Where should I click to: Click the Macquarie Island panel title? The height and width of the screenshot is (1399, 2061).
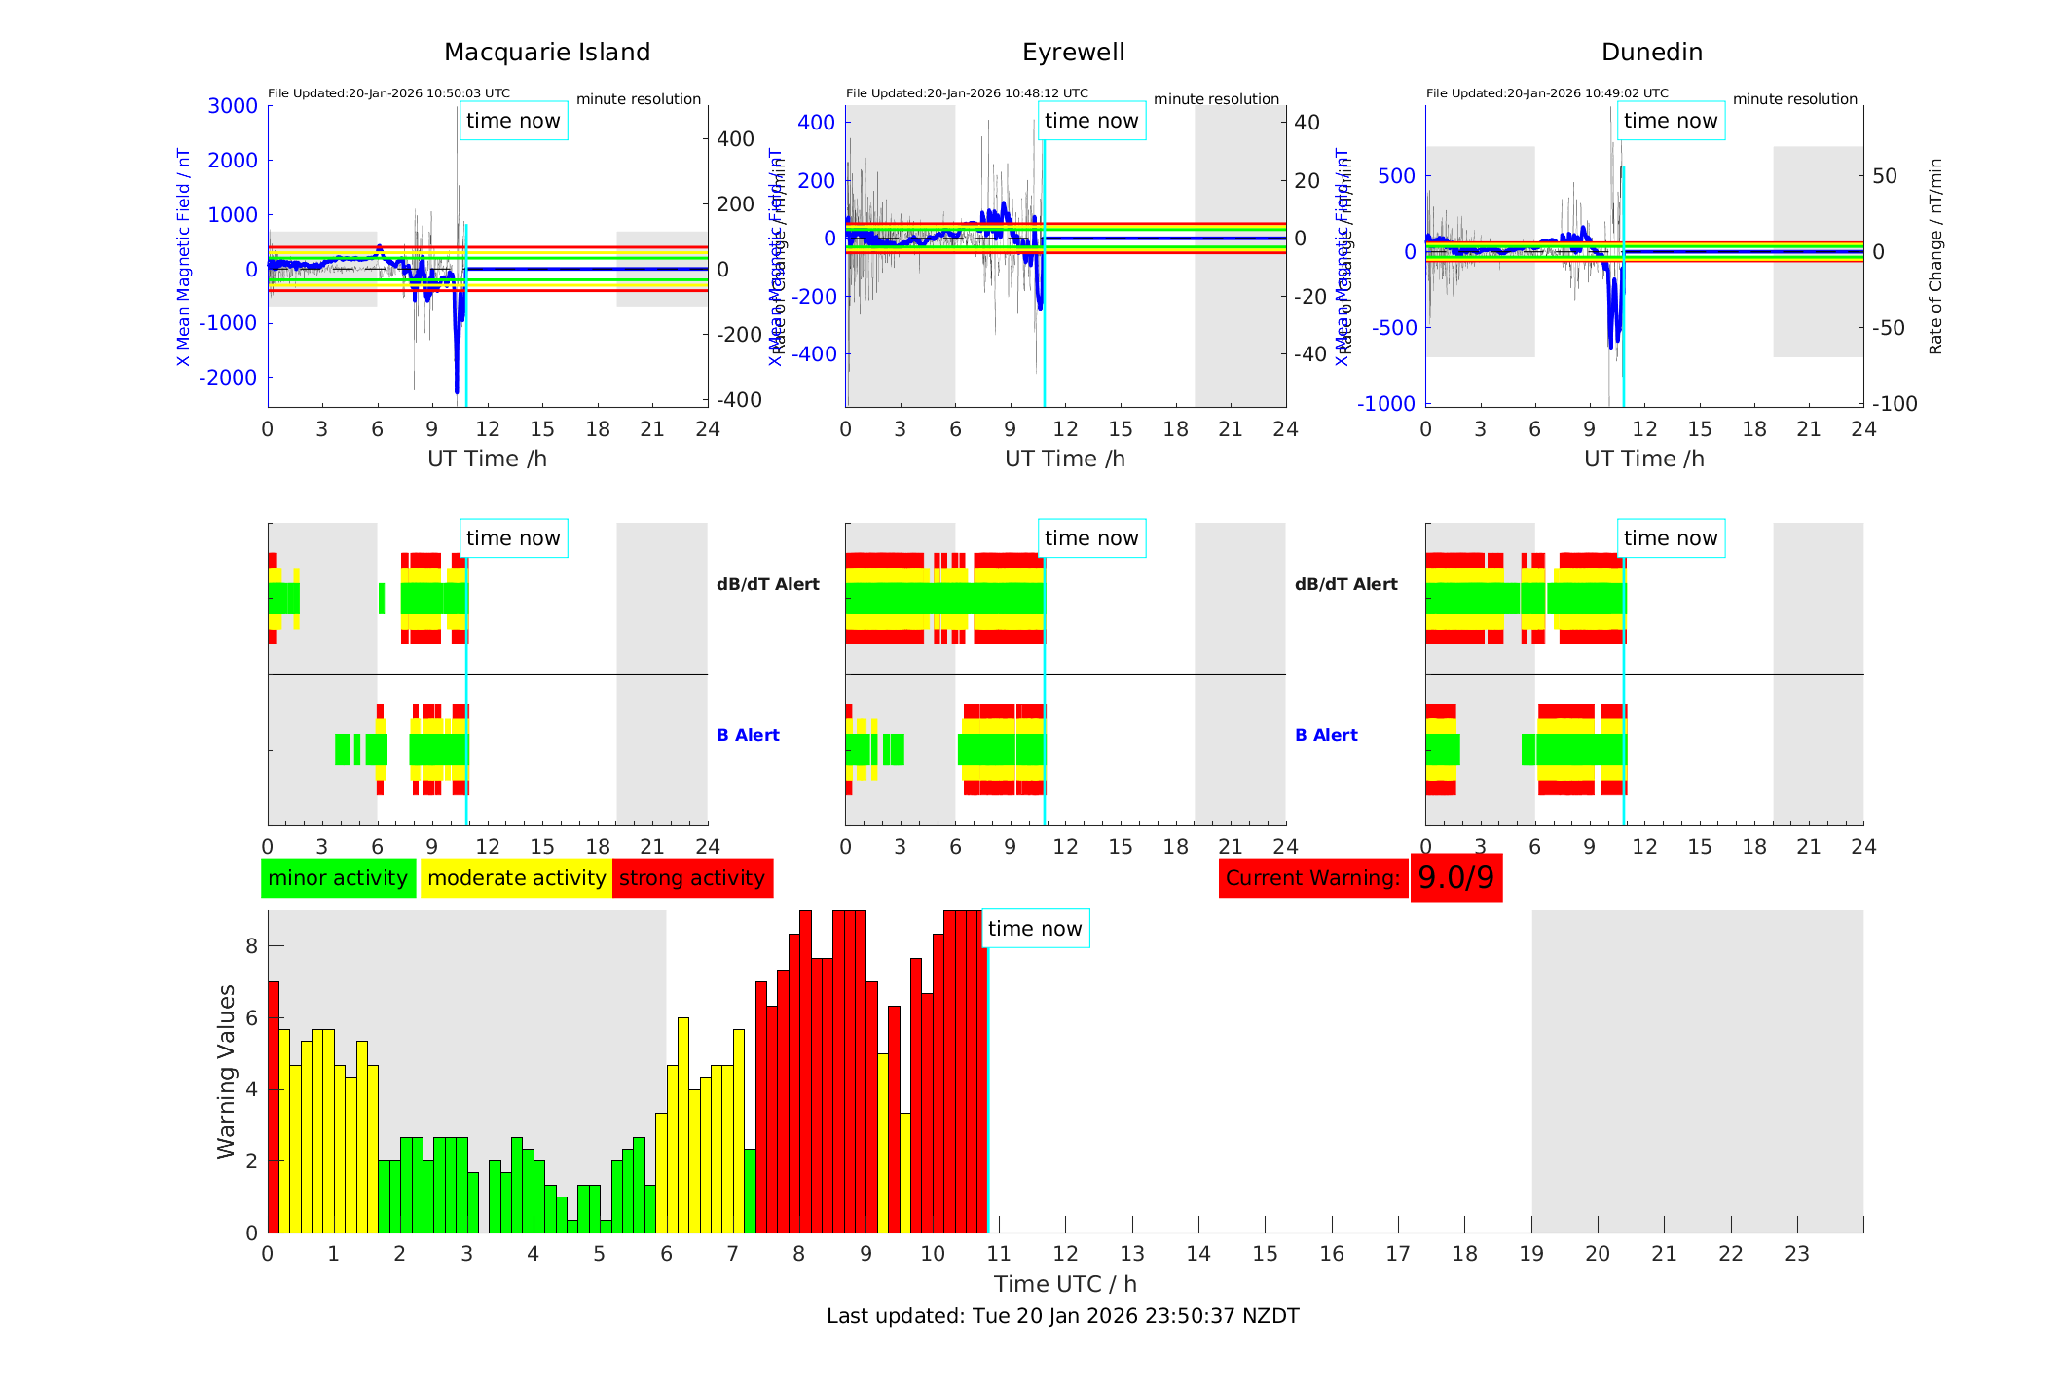(546, 53)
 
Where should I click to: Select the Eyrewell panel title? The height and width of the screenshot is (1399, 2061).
(1073, 53)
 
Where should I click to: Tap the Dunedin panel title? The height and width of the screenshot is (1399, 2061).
(1651, 53)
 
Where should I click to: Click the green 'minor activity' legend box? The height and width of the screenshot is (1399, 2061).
(338, 878)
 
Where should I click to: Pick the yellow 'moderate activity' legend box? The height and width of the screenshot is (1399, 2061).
(516, 878)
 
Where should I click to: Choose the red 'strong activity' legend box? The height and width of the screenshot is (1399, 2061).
(692, 878)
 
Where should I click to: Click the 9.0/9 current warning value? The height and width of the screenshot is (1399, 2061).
(1455, 878)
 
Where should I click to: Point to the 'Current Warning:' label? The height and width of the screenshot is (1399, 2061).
(1312, 878)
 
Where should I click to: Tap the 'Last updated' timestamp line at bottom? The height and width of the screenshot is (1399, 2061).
(1062, 1316)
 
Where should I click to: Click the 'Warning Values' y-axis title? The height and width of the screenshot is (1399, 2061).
(226, 1071)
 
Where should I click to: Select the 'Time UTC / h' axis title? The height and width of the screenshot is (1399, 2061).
(1065, 1284)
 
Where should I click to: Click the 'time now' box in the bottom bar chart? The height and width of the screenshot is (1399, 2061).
(1035, 929)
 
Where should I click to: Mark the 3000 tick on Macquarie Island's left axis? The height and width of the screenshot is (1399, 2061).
(233, 106)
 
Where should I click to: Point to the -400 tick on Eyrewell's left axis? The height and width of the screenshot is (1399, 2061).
(814, 354)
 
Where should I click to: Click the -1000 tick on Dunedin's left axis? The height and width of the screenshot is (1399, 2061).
(1386, 404)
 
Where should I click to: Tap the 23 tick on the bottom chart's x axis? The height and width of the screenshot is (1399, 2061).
(1796, 1254)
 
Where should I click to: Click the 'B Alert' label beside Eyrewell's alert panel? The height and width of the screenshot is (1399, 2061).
(1326, 735)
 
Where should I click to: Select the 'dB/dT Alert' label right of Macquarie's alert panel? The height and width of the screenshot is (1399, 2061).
(767, 584)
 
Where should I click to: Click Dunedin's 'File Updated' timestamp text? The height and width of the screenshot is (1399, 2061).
(1547, 93)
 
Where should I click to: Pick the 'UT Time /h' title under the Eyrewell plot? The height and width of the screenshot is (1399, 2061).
(1065, 459)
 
